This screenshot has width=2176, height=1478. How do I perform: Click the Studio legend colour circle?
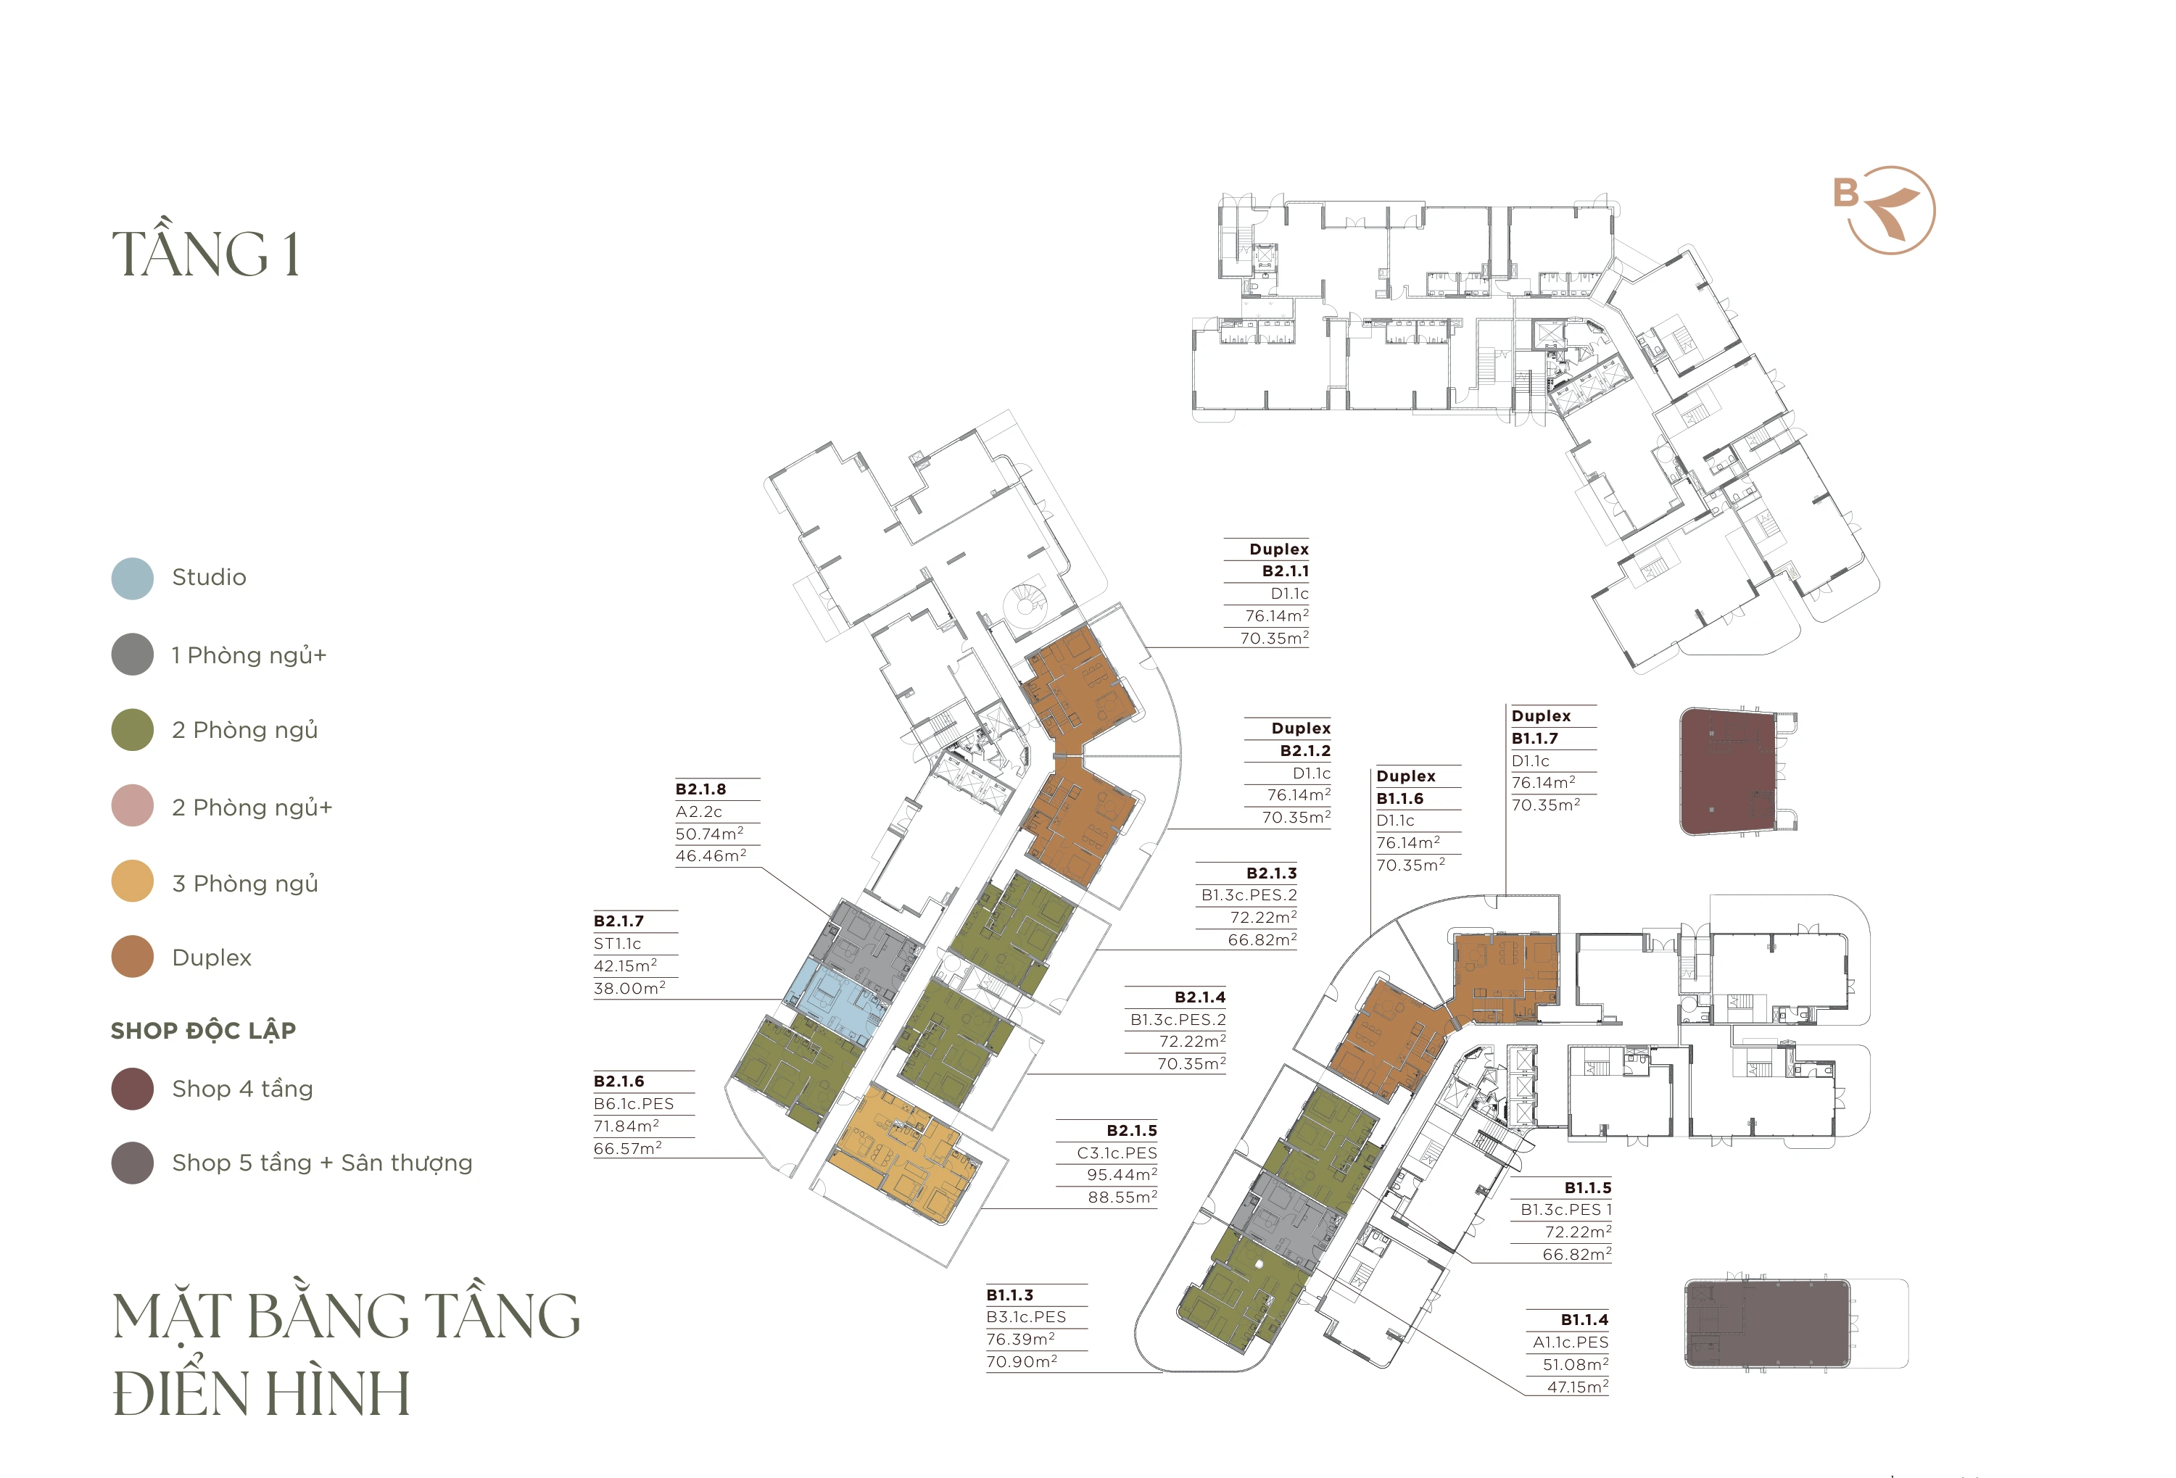(132, 578)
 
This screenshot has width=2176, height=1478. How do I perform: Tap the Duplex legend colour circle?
(132, 957)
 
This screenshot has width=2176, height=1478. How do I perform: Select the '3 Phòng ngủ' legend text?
(245, 884)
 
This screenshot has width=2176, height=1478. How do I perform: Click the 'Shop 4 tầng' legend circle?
(132, 1089)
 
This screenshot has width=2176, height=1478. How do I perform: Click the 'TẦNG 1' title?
(206, 254)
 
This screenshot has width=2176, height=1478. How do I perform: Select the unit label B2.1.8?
(700, 789)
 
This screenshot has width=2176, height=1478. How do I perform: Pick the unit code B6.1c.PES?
(634, 1103)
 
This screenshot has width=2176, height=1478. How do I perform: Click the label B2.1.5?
(1131, 1131)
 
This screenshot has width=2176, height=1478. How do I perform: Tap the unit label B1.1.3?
(1009, 1295)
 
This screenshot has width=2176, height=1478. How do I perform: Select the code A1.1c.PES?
(1571, 1342)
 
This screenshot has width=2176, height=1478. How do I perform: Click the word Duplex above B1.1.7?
(1541, 716)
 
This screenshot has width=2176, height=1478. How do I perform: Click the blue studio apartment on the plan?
(836, 1000)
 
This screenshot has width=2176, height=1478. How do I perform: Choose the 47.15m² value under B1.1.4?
(1578, 1386)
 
